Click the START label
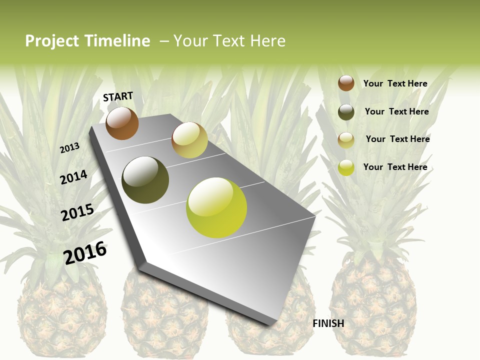tap(118, 96)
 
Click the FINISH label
tap(328, 323)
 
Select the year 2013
tap(69, 148)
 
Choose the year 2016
tap(85, 252)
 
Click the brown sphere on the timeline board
tap(122, 123)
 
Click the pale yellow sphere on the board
tap(189, 140)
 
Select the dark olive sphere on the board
tap(145, 180)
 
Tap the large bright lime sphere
tap(216, 207)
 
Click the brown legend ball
tap(346, 83)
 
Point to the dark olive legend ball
tap(346, 112)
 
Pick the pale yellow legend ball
tap(346, 140)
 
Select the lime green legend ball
tap(346, 167)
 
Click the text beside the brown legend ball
tap(395, 83)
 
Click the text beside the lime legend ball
tap(395, 167)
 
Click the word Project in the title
tap(52, 41)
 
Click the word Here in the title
tap(267, 41)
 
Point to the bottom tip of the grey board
tap(270, 325)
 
